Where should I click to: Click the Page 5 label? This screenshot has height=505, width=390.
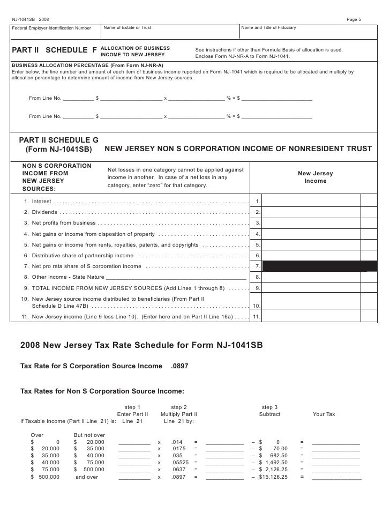pyautogui.click(x=354, y=19)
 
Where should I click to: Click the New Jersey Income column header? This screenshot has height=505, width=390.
pyautogui.click(x=315, y=177)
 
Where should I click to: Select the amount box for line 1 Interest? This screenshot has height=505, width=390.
pyautogui.click(x=312, y=201)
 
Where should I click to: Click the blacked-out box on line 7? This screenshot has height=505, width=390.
pyautogui.click(x=312, y=266)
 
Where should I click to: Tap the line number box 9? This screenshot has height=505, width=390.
pyautogui.click(x=258, y=288)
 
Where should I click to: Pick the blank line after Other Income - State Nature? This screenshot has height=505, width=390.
pyautogui.click(x=176, y=277)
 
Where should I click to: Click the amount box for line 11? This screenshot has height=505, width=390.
pyautogui.click(x=312, y=317)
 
